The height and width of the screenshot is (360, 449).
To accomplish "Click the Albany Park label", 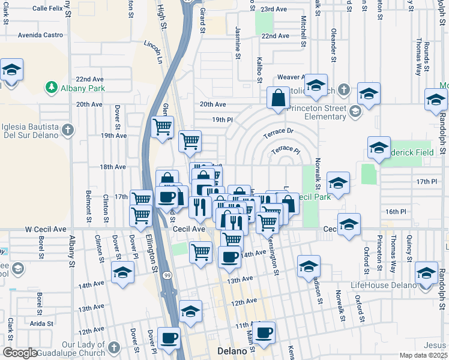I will (82, 89).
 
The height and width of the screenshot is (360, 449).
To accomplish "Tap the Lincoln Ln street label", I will (154, 53).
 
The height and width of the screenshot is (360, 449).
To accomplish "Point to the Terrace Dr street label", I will (281, 131).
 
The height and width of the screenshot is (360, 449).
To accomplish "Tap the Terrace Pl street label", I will (285, 149).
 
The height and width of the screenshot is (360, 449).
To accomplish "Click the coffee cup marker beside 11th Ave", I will (264, 331).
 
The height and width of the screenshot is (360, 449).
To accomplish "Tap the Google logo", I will (20, 353).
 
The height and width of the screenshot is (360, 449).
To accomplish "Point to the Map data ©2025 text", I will (423, 355).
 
